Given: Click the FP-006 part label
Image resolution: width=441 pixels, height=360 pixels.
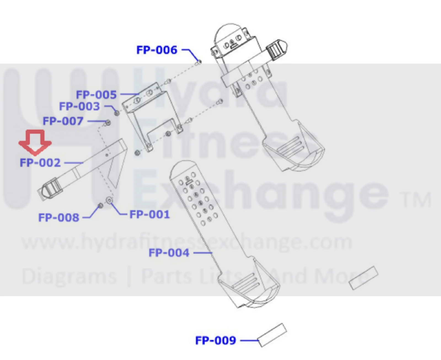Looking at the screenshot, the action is [157, 50].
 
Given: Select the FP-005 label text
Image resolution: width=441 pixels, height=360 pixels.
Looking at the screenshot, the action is [96, 95].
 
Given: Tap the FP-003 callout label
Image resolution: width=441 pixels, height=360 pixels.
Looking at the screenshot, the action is [79, 106].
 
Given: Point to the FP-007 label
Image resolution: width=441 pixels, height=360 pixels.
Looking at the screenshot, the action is [63, 121].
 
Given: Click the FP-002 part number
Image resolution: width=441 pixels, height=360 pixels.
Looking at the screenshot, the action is [40, 163].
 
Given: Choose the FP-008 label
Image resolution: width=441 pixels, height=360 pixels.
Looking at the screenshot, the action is [59, 217].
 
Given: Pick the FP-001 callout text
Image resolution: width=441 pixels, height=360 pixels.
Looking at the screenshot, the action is [149, 214].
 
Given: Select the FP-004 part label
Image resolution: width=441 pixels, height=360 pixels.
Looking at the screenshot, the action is [169, 253].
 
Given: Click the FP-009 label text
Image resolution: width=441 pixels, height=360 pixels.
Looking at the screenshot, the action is [216, 340].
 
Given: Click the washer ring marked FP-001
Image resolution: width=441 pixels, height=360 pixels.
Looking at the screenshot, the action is [109, 200].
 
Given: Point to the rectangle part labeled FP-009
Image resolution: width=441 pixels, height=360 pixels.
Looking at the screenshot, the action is [272, 335].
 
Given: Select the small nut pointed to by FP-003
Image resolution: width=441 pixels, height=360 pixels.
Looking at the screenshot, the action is [117, 113].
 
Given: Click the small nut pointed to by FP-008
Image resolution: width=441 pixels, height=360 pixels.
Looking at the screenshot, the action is [100, 206].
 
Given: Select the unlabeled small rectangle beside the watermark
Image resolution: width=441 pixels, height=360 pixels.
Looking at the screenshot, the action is [363, 278].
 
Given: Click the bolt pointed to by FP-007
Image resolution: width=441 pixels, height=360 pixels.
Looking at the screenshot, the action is [108, 123].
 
